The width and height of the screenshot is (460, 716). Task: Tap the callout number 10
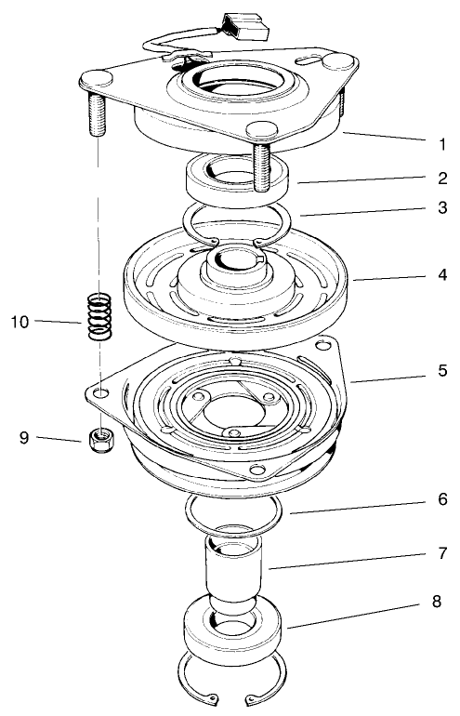(20, 322)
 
